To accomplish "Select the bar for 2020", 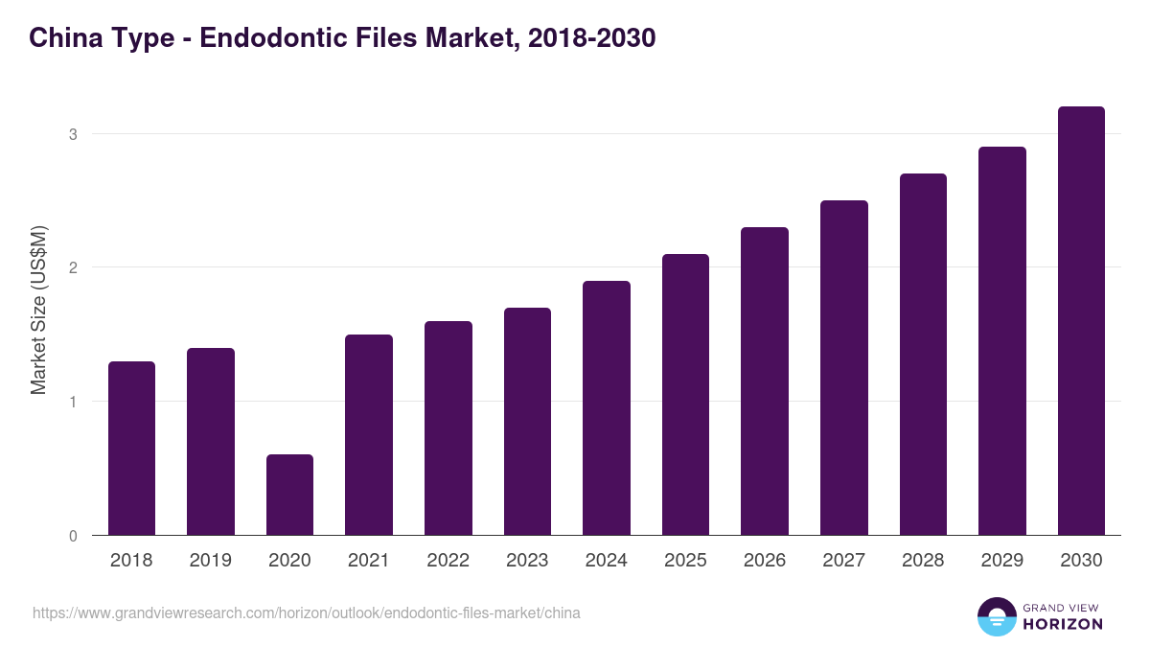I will click(289, 495).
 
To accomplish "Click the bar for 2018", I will click(131, 448).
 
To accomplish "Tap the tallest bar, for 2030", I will click(1081, 321).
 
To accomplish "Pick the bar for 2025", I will click(685, 394).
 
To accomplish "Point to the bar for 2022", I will click(448, 427).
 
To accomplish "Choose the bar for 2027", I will click(843, 367).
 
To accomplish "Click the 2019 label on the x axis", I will click(210, 561).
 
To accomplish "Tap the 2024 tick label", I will click(606, 561).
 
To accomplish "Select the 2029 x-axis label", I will click(1001, 561).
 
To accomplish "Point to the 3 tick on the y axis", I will click(73, 134).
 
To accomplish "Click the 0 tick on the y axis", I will click(73, 536).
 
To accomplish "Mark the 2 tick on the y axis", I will click(73, 267).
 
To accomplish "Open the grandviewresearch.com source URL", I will click(307, 612).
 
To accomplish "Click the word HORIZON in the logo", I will click(1063, 624).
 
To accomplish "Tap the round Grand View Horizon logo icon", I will click(997, 616).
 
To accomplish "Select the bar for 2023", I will click(527, 421).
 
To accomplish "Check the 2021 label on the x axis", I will click(368, 561).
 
